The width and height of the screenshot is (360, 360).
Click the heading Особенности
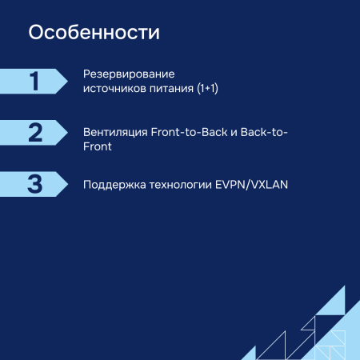pyautogui.click(x=94, y=34)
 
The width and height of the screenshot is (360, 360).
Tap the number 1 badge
pyautogui.click(x=34, y=81)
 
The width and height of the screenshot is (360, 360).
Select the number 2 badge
pyautogui.click(x=34, y=132)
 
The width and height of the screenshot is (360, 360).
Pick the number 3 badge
pyautogui.click(x=34, y=183)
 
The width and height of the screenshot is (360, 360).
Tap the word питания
pyautogui.click(x=171, y=89)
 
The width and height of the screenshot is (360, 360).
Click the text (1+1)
pyautogui.click(x=207, y=89)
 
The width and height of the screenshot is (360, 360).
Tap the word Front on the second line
pyautogui.click(x=97, y=146)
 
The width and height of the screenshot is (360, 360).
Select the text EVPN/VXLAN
pyautogui.click(x=251, y=184)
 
